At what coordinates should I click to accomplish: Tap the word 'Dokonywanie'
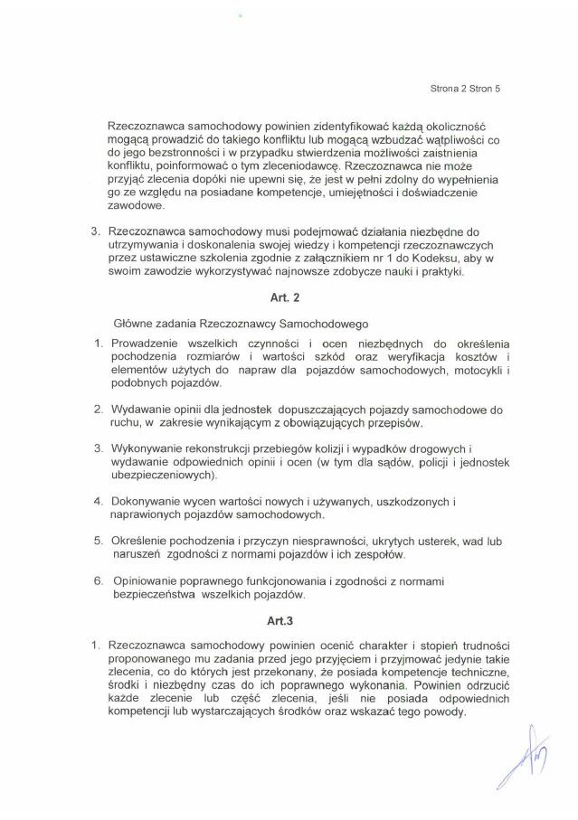149,501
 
